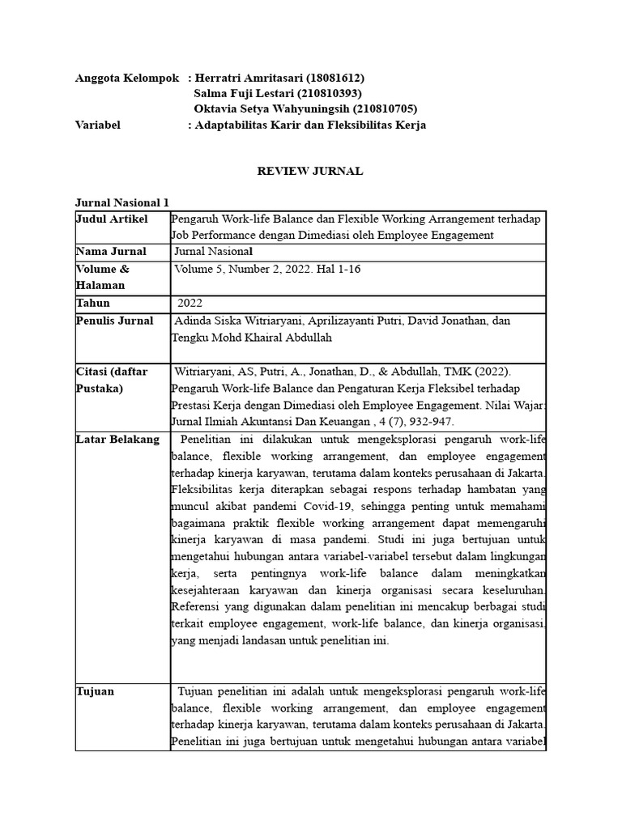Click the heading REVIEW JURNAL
pyautogui.click(x=310, y=171)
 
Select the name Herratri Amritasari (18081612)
pyautogui.click(x=279, y=78)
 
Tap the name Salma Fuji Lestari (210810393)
pyautogui.click(x=277, y=93)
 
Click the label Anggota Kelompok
pyautogui.click(x=126, y=78)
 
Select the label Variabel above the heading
pyautogui.click(x=98, y=125)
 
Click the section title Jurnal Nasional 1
pyautogui.click(x=122, y=202)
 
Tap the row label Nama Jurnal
pyautogui.click(x=111, y=252)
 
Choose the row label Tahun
pyautogui.click(x=92, y=303)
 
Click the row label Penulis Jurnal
pyautogui.click(x=114, y=321)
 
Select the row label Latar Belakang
pyautogui.click(x=117, y=440)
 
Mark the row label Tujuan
pyautogui.click(x=95, y=691)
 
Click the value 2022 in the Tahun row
pyautogui.click(x=190, y=303)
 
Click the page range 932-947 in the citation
pyautogui.click(x=438, y=421)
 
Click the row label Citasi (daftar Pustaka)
pyautogui.click(x=113, y=380)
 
